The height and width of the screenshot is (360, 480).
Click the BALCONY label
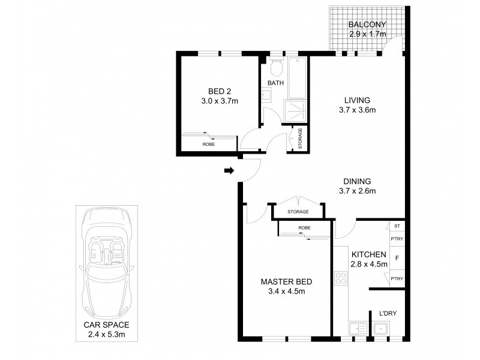point(367,24)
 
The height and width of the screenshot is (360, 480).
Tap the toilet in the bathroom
point(277,67)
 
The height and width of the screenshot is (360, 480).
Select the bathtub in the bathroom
point(297,77)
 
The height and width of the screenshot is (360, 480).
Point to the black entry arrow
point(229,170)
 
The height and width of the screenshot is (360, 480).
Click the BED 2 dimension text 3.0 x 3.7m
point(220,101)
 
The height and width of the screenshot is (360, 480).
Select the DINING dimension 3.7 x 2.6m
point(357,191)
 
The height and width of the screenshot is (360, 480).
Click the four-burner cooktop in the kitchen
point(340,278)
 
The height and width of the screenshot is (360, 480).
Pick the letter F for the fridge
point(397,259)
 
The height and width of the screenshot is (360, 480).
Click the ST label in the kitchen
point(397,226)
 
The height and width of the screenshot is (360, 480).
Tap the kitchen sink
point(358,329)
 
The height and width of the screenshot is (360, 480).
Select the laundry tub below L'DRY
point(381,329)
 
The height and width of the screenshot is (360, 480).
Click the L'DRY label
point(388,313)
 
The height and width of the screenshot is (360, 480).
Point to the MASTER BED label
point(287,281)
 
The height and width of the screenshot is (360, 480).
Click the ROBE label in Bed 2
point(208,144)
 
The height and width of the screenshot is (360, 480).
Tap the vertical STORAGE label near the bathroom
point(300,139)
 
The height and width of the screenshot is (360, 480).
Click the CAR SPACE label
point(107,325)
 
